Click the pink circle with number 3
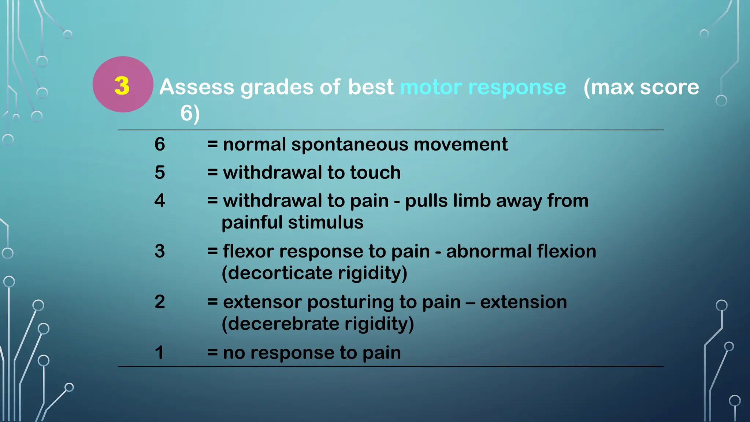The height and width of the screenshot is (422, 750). coord(122,85)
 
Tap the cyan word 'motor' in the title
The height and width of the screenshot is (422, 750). coord(431,87)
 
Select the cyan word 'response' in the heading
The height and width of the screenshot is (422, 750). coord(517,88)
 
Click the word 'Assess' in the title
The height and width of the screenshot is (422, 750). coord(197,87)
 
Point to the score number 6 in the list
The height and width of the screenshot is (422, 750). coord(160,144)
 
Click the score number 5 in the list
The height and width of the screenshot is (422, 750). coord(160,172)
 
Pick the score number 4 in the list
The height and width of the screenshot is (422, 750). coord(160,200)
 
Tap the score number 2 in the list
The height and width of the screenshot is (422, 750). coord(160,302)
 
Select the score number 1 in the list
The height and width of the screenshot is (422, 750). coord(159,352)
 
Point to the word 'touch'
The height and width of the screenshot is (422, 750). coord(375,172)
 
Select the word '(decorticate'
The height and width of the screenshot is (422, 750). coord(276,273)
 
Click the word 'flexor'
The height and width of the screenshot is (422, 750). coord(248,251)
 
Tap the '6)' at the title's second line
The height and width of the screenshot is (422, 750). coord(190,114)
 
